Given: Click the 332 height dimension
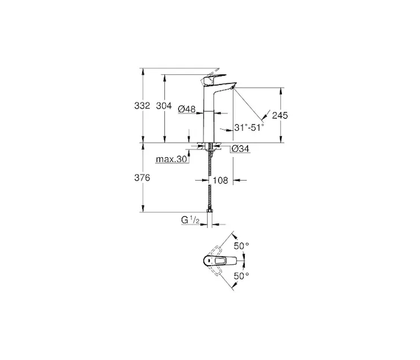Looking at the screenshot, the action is [142, 106].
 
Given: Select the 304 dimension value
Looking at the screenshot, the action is [164, 106].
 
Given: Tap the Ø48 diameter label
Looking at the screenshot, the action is [187, 109].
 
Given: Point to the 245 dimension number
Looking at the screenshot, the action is [280, 115].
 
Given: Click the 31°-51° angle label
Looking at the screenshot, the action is [249, 127].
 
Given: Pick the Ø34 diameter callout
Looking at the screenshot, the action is [240, 149].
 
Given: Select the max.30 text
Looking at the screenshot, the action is [171, 159].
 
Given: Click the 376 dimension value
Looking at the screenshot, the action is [142, 178].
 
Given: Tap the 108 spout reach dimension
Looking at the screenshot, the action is [220, 180].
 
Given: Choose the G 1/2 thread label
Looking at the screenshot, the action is [190, 220].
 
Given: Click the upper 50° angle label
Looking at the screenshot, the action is [241, 245].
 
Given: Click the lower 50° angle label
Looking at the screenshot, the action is [241, 275].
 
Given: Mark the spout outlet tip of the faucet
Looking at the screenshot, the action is [233, 86].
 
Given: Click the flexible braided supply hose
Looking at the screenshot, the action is [209, 182].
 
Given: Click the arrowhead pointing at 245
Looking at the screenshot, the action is [265, 115].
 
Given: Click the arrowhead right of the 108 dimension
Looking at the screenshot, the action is [236, 180].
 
